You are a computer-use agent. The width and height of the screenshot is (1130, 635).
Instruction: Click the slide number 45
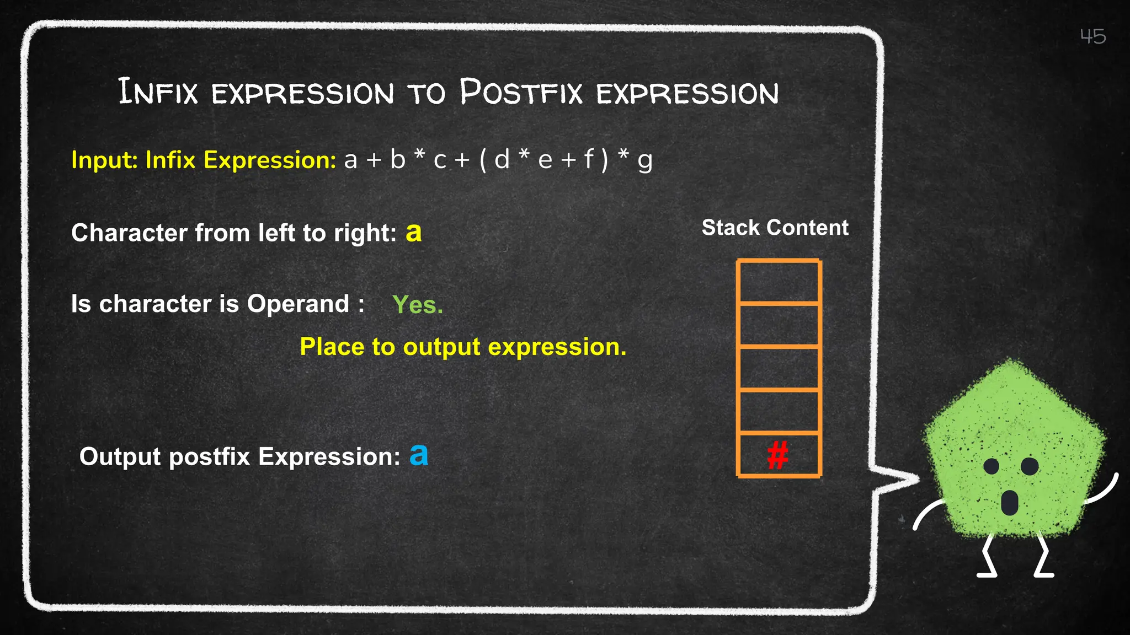pyautogui.click(x=1092, y=36)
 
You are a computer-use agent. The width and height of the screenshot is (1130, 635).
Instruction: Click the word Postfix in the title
pyautogui.click(x=521, y=92)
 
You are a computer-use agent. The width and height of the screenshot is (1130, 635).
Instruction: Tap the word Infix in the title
pyautogui.click(x=158, y=92)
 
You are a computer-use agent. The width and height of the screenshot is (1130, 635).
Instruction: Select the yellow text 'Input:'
pyautogui.click(x=104, y=160)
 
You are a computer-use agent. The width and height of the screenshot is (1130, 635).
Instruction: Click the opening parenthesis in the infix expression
pyautogui.click(x=483, y=160)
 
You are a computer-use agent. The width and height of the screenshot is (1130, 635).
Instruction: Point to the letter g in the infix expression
pyautogui.click(x=644, y=162)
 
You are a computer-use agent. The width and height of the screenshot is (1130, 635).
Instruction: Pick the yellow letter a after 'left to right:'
pyautogui.click(x=413, y=233)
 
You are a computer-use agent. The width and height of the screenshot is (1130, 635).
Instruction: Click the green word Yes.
pyautogui.click(x=417, y=304)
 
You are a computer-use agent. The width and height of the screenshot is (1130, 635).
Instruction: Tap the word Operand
pyautogui.click(x=298, y=304)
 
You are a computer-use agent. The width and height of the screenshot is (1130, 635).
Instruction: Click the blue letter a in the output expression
pyautogui.click(x=419, y=455)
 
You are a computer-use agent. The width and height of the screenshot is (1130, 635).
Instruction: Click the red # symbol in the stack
pyautogui.click(x=778, y=455)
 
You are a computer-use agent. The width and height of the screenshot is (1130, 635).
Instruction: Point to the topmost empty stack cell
pyautogui.click(x=779, y=282)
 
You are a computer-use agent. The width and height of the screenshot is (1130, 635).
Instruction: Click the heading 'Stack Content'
pyautogui.click(x=775, y=228)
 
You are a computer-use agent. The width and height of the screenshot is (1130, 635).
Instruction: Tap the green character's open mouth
pyautogui.click(x=1009, y=502)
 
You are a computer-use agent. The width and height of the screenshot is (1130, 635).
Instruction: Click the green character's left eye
pyautogui.click(x=992, y=466)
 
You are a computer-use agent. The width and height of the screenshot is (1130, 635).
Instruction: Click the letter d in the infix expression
pyautogui.click(x=502, y=160)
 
